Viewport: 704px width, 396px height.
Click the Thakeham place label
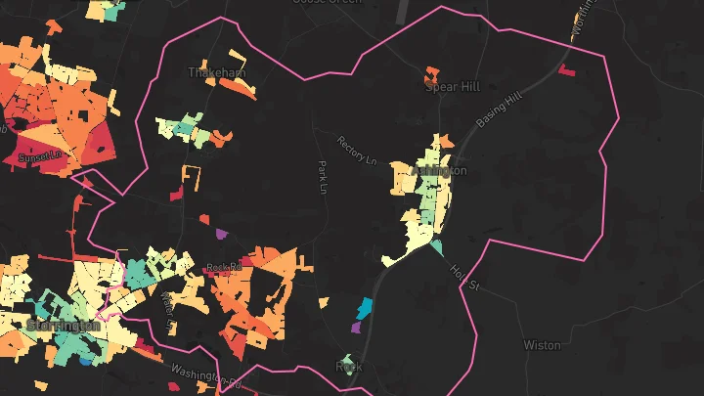217,72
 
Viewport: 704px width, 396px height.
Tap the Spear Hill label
452,86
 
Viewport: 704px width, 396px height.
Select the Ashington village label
440,170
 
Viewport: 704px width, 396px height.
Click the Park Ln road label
321,177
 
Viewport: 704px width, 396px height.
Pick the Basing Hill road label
501,110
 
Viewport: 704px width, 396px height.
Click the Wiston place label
542,345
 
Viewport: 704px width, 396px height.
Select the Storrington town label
64,326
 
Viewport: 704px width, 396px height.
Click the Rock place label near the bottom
349,367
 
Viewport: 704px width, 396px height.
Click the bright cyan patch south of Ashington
365,308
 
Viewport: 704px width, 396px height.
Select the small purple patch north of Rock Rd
221,235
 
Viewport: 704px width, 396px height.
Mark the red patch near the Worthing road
566,69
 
